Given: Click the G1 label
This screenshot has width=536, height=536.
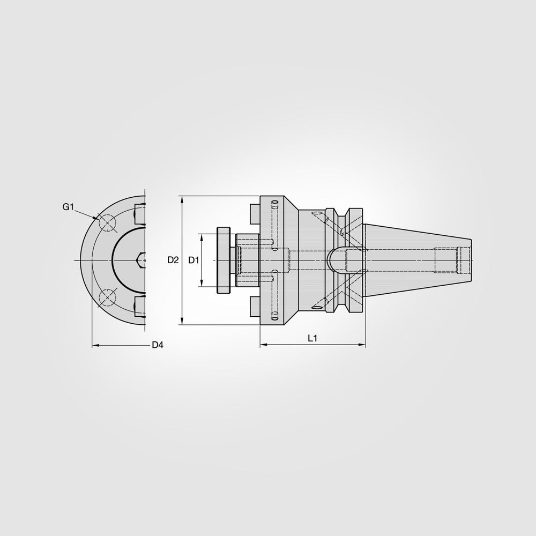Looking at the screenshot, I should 68,207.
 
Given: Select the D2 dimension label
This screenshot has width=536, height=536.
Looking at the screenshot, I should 173,260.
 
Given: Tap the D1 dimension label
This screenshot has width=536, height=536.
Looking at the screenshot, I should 193,260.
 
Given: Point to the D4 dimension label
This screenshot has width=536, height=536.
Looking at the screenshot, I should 157,345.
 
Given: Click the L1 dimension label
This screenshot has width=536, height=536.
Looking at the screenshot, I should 313,338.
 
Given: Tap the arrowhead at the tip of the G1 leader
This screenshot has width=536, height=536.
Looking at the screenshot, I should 96,218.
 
